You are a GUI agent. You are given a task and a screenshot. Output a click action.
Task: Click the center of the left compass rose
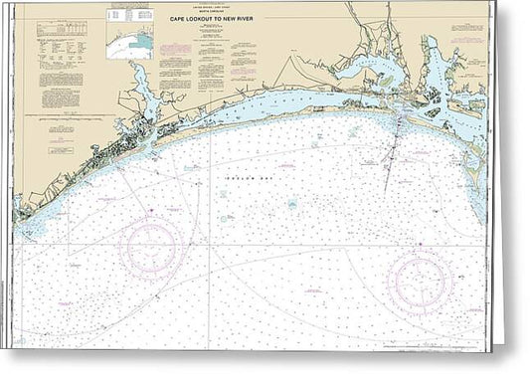point(150,247)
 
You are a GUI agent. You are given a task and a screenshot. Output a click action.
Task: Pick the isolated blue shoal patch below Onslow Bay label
point(292,204)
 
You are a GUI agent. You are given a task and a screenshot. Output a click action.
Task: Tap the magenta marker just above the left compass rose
point(150,212)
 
